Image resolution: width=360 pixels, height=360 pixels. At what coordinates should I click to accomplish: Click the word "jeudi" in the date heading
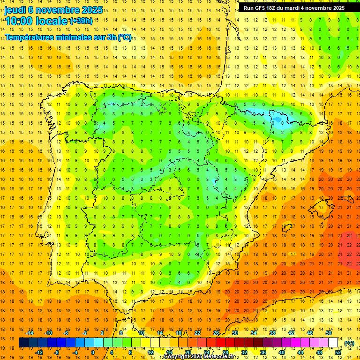(15, 10)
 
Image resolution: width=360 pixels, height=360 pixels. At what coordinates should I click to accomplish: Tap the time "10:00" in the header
(19, 21)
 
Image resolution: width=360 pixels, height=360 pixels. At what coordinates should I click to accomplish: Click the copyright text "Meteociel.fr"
(219, 357)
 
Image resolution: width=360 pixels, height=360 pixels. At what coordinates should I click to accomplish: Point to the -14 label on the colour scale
(30, 333)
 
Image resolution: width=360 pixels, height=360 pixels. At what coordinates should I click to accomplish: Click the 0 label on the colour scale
(93, 352)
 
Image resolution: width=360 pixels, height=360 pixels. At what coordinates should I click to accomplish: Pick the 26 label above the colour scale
(216, 333)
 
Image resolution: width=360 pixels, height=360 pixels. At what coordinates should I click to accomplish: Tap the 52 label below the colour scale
(338, 352)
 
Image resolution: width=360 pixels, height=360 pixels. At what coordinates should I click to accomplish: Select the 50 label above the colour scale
(329, 333)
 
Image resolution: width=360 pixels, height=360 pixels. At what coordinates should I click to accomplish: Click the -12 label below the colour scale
(39, 352)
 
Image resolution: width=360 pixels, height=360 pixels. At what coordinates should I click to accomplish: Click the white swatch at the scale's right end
(333, 343)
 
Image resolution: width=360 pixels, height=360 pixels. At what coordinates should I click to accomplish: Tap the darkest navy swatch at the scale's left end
(23, 343)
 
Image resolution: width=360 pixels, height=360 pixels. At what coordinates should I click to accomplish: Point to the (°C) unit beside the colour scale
(349, 343)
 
